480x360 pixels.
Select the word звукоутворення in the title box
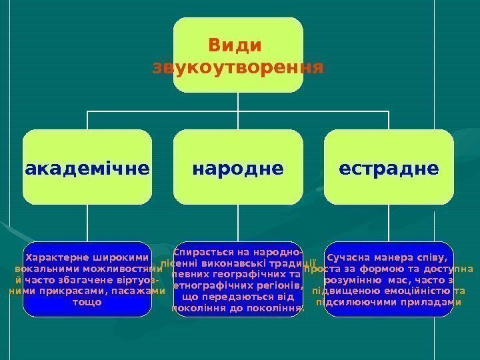click(238, 68)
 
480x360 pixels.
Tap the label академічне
click(87, 168)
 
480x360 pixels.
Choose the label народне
click(238, 168)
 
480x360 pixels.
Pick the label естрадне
click(389, 168)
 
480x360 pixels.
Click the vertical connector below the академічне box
click(87, 223)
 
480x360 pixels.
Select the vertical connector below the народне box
click(238, 223)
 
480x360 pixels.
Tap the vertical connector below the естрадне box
click(389, 223)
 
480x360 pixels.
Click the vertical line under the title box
click(238, 101)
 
